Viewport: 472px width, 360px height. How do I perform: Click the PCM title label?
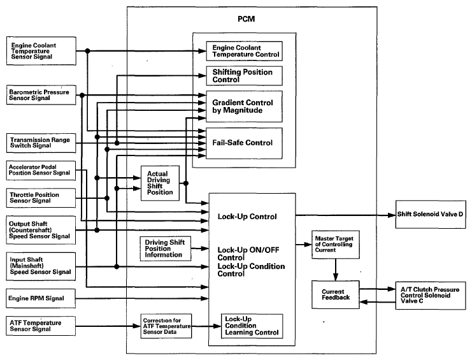[247, 19]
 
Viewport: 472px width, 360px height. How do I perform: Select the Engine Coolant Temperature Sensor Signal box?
[41, 51]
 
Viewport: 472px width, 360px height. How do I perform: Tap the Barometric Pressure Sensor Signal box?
[41, 95]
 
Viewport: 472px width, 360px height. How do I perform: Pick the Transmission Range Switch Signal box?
[41, 143]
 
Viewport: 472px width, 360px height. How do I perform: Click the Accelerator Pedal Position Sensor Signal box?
[41, 170]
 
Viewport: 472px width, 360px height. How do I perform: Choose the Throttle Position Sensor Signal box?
[41, 198]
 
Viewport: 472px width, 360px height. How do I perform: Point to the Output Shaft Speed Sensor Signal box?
[41, 230]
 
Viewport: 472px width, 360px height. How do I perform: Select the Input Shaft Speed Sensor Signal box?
[41, 266]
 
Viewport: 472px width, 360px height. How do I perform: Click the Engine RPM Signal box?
[41, 298]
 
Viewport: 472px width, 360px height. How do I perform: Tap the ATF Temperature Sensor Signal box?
[41, 326]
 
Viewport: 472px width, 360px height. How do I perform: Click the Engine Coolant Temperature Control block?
[244, 51]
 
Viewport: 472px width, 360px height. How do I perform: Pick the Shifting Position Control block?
[244, 76]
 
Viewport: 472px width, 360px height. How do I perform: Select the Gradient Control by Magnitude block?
[244, 106]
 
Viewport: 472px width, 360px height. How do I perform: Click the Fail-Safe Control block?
[244, 143]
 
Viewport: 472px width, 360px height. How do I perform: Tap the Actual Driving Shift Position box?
[160, 183]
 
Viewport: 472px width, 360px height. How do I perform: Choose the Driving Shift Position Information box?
[166, 248]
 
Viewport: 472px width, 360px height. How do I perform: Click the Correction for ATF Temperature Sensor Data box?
[166, 326]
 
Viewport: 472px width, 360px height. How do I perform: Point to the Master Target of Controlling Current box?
[336, 245]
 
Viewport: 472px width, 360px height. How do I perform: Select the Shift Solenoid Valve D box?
[431, 214]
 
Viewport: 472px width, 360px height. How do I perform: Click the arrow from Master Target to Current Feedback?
[336, 270]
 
